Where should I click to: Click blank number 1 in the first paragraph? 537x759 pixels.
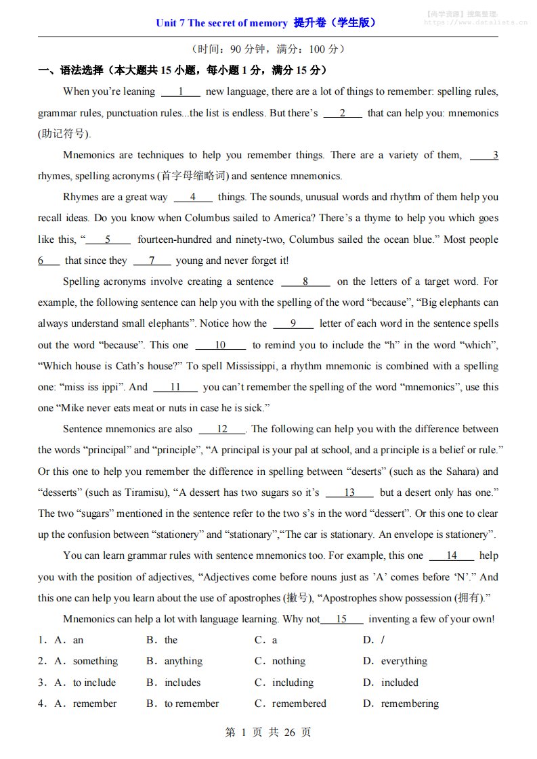tap(181, 92)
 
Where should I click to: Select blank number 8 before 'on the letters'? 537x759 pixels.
tap(305, 282)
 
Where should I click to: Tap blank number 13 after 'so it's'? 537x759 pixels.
tap(349, 492)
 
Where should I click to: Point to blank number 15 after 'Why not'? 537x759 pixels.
tap(341, 619)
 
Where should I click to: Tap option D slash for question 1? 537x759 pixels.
tap(383, 640)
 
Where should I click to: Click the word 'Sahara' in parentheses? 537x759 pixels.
tap(444, 471)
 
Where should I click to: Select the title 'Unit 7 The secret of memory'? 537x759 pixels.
tap(221, 23)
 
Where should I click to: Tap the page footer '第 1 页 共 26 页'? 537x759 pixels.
tap(267, 732)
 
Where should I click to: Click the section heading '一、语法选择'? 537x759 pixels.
tap(70, 70)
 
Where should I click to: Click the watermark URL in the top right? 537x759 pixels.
tap(475, 22)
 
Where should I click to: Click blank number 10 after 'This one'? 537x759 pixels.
tap(220, 345)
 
